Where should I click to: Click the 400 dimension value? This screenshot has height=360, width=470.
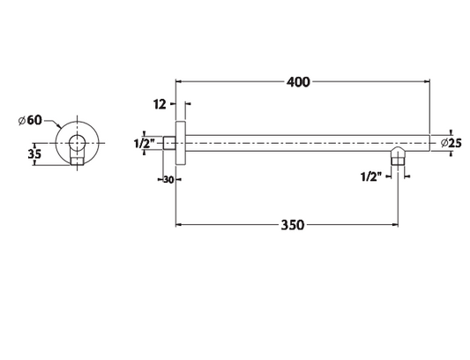pos(298,82)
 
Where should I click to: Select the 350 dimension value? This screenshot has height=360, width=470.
pos(293,225)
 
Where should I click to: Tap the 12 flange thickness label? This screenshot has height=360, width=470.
pos(160,104)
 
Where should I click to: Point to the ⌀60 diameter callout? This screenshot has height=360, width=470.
pos(30,120)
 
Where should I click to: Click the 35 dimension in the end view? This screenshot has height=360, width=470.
pos(34,154)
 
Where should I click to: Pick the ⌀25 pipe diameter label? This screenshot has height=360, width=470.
pos(451,144)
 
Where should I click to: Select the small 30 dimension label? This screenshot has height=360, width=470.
pos(168,180)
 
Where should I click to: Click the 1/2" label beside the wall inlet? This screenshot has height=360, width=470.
pos(144,144)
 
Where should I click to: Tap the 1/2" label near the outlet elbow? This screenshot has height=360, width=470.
pos(372,176)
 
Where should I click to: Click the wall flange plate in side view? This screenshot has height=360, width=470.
pos(181,143)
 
